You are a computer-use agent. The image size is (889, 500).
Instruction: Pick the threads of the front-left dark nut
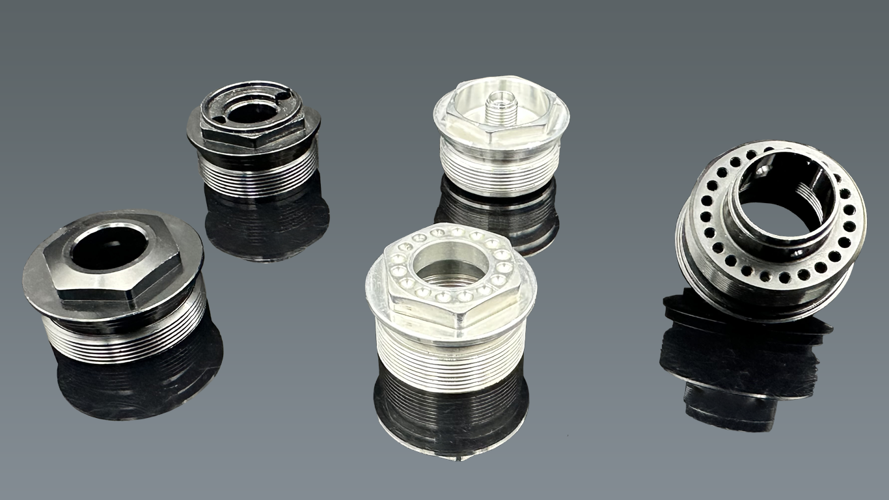coord(124,339)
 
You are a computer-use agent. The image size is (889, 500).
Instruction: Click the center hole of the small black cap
coord(250,112)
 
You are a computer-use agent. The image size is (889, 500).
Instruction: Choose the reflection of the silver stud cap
coord(498,215)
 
